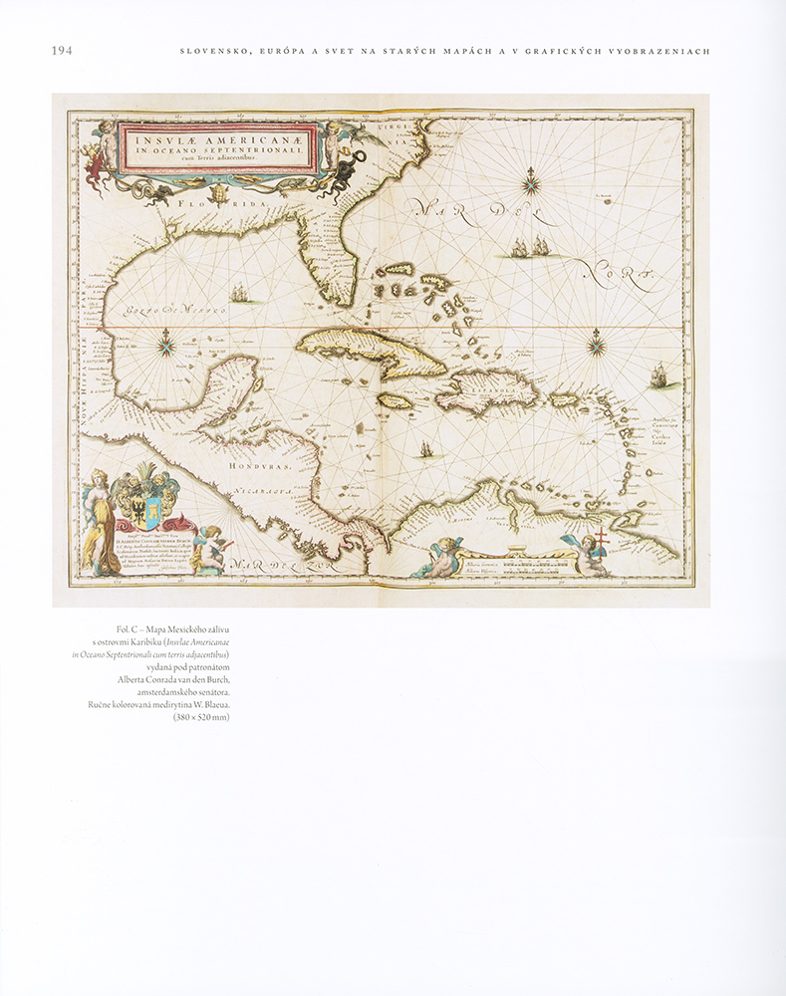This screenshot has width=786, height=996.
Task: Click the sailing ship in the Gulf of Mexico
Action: [x=240, y=294]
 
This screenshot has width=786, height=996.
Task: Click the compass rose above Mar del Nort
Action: [x=532, y=181]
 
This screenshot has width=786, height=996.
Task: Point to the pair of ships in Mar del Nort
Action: [x=530, y=247]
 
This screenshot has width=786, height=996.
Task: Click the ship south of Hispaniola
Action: [x=426, y=449]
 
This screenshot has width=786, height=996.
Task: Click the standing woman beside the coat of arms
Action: [x=95, y=522]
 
